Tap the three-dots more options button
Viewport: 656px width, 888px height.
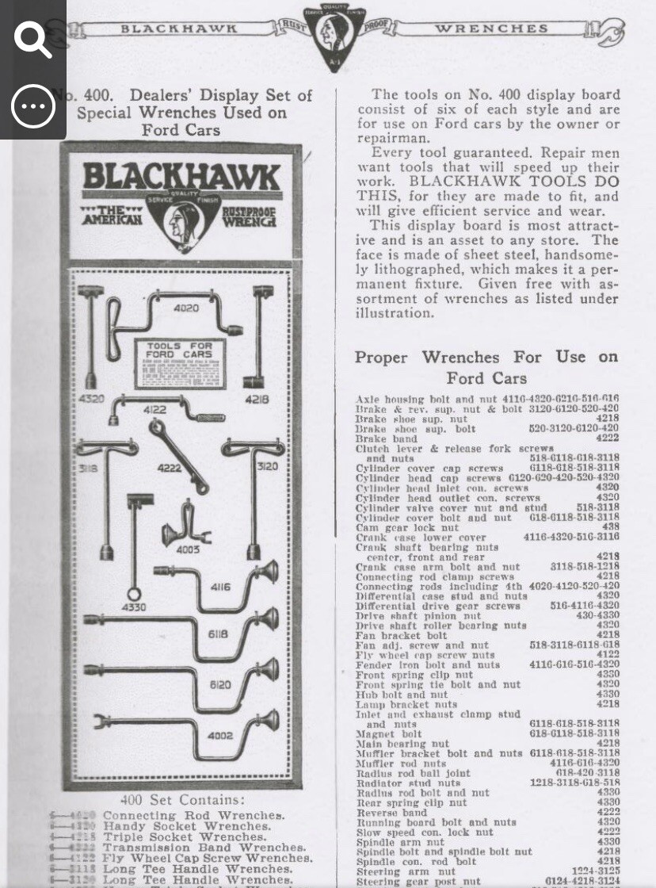pyautogui.click(x=32, y=105)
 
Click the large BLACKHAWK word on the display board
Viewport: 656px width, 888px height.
pyautogui.click(x=181, y=176)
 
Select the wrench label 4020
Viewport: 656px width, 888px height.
pyautogui.click(x=186, y=308)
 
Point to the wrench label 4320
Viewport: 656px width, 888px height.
pyautogui.click(x=91, y=399)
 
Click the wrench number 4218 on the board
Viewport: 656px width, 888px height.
pyautogui.click(x=256, y=400)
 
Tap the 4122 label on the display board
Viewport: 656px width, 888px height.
pyautogui.click(x=154, y=410)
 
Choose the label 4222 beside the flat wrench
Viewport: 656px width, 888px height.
pyautogui.click(x=168, y=468)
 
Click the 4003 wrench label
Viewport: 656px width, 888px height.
pyautogui.click(x=188, y=549)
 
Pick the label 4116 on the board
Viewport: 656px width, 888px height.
pyautogui.click(x=220, y=588)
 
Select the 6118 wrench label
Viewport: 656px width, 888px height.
pyautogui.click(x=218, y=634)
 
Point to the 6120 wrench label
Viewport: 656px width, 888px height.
pyautogui.click(x=220, y=685)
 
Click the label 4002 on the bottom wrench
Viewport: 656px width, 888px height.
pyautogui.click(x=219, y=735)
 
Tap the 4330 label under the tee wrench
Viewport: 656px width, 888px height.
pyautogui.click(x=133, y=607)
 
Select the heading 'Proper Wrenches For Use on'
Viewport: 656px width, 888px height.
pyautogui.click(x=486, y=357)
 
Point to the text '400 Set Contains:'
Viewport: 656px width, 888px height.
pyautogui.click(x=182, y=800)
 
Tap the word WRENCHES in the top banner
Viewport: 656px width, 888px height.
pyautogui.click(x=490, y=29)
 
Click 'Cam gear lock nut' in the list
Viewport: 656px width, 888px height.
pyautogui.click(x=407, y=527)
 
